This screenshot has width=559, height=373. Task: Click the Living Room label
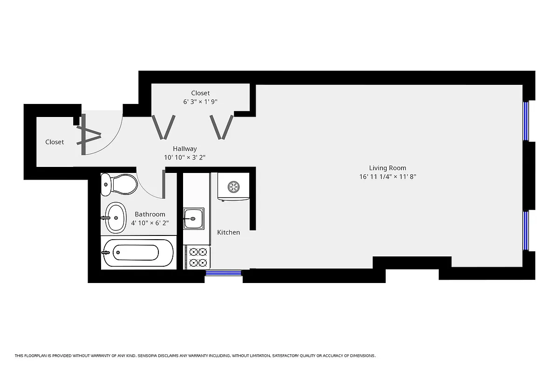[388, 168]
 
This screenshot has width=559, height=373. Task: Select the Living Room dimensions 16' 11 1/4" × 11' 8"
[388, 177]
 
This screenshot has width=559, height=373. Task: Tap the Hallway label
[184, 149]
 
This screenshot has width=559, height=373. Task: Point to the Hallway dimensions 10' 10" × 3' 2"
[184, 158]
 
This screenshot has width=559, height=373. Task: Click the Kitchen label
[229, 232]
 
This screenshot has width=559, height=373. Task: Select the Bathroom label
[150, 214]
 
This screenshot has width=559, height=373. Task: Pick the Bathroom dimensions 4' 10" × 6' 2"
[150, 223]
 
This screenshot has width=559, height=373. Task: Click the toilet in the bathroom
[120, 184]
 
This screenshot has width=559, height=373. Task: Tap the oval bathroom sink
[116, 218]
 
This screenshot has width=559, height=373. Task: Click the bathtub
[138, 253]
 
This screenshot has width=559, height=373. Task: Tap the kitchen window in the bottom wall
[224, 273]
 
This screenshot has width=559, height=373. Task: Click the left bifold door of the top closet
[164, 127]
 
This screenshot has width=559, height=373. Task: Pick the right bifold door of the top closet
[222, 127]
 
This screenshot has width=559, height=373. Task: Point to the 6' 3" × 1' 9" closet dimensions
[200, 102]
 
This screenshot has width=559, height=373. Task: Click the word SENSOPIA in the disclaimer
[152, 356]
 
